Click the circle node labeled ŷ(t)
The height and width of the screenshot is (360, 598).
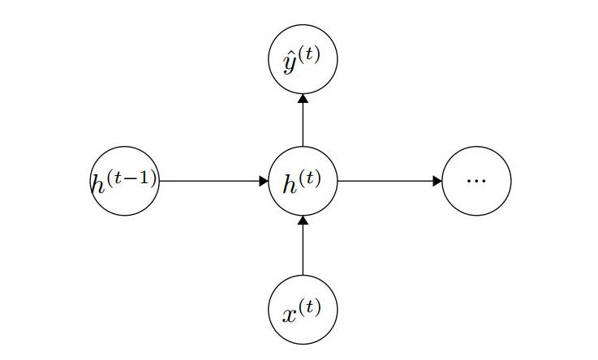(303, 59)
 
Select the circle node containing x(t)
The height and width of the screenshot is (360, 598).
(303, 310)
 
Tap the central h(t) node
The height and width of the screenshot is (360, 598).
(303, 181)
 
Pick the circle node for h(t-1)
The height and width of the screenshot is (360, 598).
(124, 181)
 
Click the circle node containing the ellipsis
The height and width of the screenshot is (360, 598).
(477, 181)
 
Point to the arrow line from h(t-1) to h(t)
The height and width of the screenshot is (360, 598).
(211, 181)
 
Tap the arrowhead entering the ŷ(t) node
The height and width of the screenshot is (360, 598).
(303, 98)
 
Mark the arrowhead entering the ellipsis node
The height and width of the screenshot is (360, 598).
(438, 181)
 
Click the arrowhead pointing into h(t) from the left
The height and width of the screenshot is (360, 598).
(264, 181)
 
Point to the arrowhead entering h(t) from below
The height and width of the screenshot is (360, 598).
(303, 220)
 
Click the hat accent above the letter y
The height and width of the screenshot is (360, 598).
(290, 55)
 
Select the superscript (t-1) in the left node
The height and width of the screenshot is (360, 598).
(133, 174)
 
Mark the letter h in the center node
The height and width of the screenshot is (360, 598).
(290, 184)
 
